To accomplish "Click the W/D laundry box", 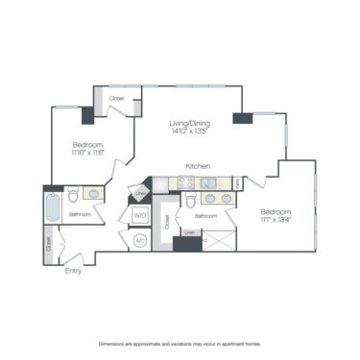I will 138,216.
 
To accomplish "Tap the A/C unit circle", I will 138,240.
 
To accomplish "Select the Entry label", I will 73,271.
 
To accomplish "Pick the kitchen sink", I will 205,181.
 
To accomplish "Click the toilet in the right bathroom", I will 191,201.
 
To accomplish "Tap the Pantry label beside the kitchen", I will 236,182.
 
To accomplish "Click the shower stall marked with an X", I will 218,240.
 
